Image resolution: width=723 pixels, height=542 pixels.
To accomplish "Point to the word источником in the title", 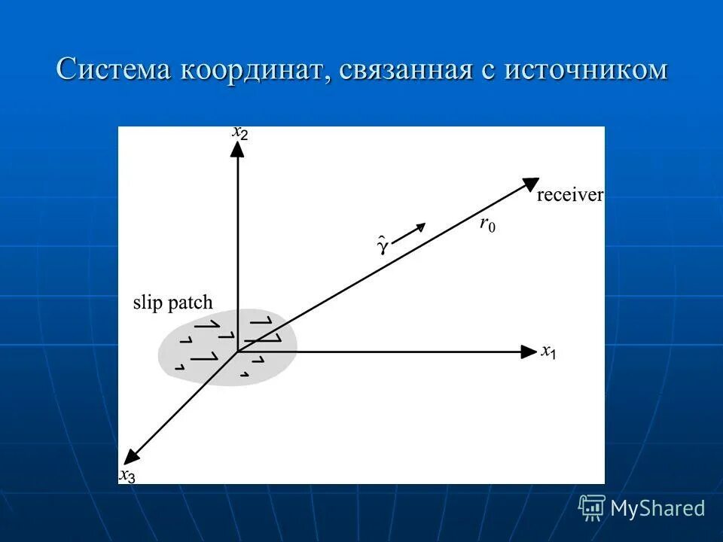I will point(585,69).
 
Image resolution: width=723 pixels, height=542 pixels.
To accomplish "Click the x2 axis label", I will point(240,132).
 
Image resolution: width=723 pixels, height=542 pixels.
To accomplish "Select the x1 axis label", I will point(548,352).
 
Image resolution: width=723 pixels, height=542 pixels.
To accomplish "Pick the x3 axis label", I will point(127,475).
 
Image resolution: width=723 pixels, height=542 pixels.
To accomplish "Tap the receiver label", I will point(569,196).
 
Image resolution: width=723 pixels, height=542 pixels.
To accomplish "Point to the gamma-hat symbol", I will point(382,245).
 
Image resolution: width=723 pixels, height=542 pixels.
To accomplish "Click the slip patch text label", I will point(172,303).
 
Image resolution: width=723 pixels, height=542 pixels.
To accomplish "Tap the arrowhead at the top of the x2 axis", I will point(237,148).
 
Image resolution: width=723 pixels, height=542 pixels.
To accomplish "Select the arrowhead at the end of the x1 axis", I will point(529,352).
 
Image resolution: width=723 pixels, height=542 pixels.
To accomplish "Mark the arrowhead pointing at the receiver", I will point(530,183).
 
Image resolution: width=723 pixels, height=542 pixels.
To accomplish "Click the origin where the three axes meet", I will point(237,352).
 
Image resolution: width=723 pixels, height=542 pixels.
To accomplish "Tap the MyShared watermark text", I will point(657,508).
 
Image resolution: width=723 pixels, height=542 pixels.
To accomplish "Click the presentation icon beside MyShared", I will point(592,508).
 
